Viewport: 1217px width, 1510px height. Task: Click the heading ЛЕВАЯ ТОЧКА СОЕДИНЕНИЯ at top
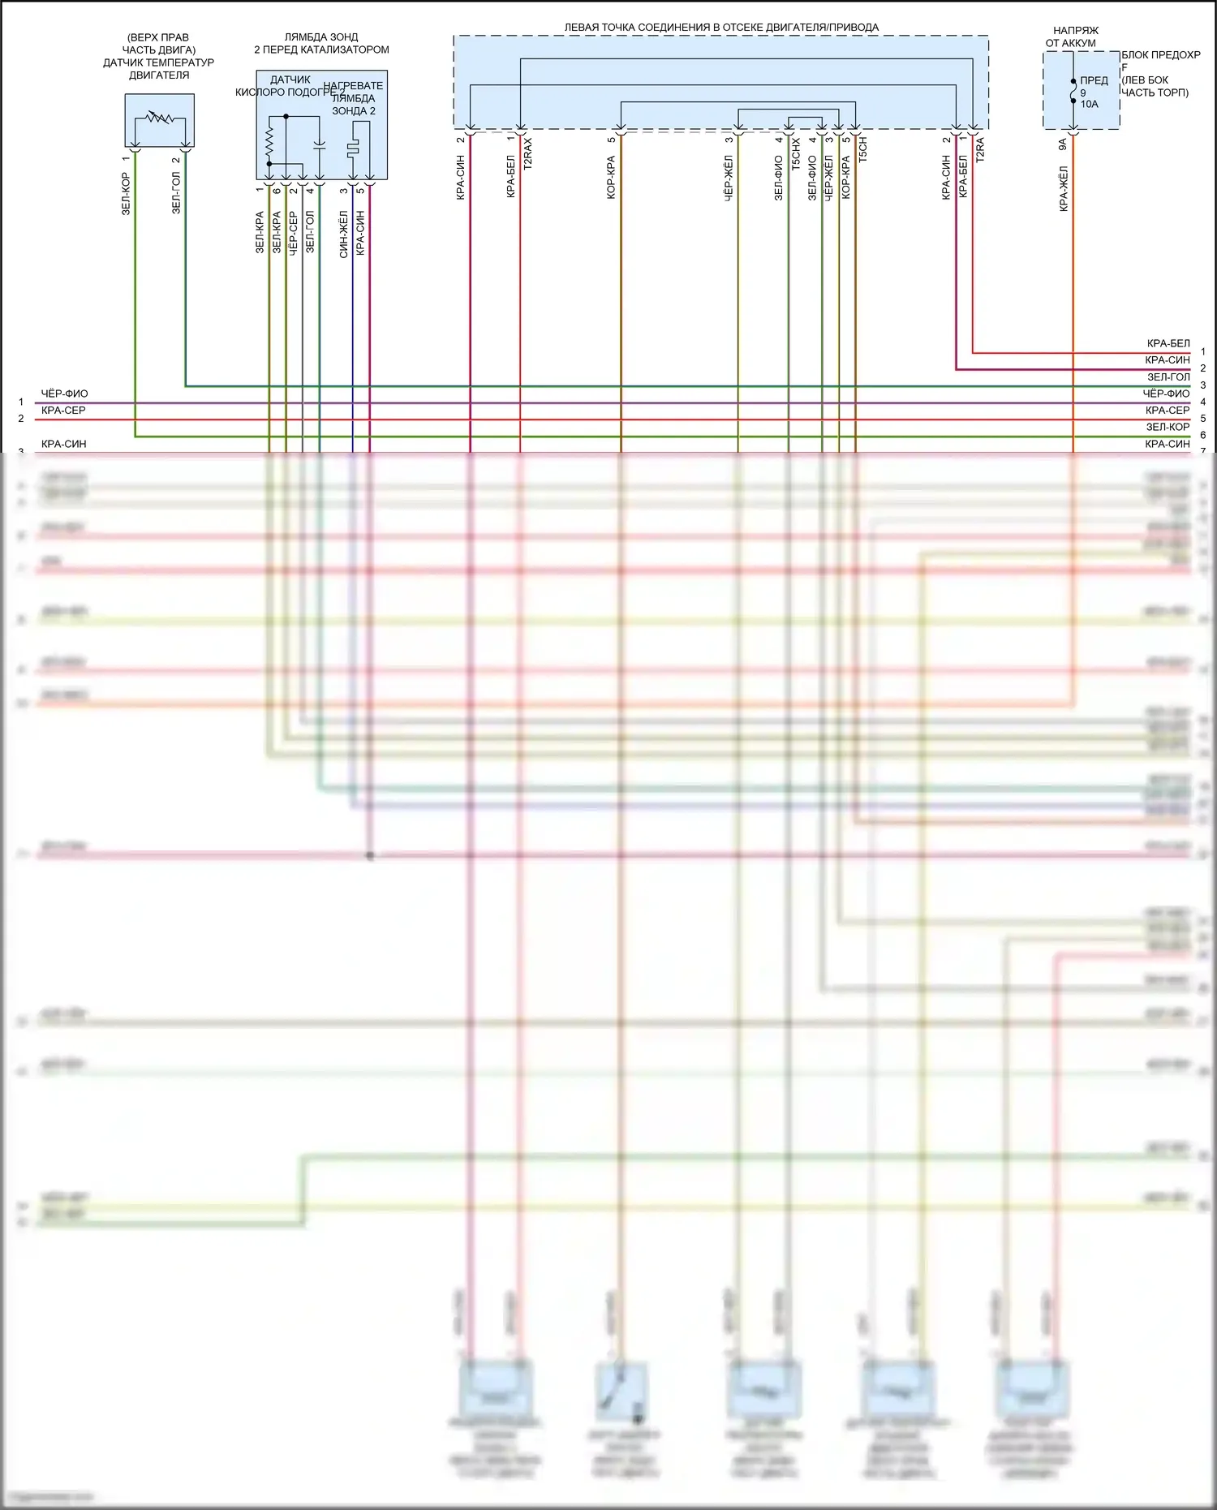pos(720,28)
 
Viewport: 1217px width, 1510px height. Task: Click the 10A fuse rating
pos(1089,104)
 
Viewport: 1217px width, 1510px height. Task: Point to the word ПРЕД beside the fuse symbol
pos(1094,80)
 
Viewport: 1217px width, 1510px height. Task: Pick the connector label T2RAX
pos(528,153)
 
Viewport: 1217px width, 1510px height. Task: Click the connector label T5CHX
pos(796,153)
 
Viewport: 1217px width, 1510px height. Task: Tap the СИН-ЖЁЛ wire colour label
pos(344,234)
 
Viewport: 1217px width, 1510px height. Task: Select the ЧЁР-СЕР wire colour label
pos(294,233)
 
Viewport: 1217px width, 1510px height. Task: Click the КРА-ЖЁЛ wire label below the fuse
pos(1064,189)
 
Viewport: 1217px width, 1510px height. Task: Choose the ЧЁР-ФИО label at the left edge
pos(65,394)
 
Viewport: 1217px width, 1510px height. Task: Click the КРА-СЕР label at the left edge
pos(63,411)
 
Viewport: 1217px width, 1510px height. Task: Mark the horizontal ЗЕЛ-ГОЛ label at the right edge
pos(1168,377)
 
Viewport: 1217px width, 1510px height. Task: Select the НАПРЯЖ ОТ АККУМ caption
pos(1072,37)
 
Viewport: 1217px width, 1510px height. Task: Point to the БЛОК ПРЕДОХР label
pos(1160,55)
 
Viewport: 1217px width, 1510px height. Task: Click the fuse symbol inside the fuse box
pos(1073,91)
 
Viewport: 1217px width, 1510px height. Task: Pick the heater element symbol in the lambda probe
pos(353,149)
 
